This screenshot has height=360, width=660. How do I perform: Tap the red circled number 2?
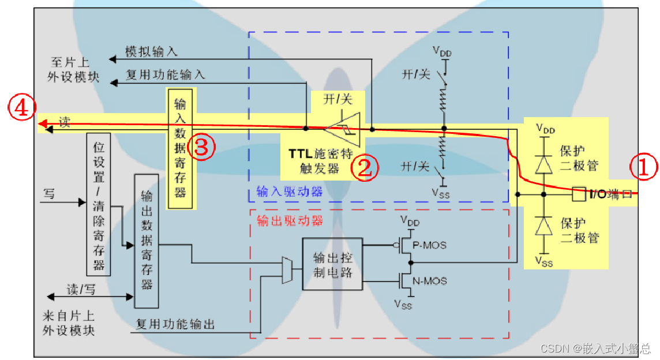365,168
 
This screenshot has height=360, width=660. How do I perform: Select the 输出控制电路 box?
332,264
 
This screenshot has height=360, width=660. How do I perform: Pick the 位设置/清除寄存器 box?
98,204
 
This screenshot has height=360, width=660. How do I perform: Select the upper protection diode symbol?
542,164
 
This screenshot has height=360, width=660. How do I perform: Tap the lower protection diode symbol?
542,227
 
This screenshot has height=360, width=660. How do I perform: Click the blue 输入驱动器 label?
290,192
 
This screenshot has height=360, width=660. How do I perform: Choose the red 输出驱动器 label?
290,221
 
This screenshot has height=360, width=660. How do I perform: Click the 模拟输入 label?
152,52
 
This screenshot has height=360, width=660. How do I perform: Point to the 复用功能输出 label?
175,324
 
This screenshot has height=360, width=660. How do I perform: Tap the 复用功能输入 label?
166,75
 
